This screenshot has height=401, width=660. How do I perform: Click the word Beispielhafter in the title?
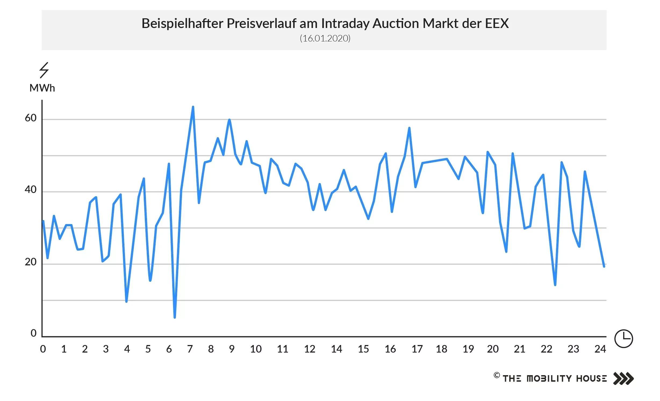coord(182,24)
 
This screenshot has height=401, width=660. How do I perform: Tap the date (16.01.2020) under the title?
coord(325,38)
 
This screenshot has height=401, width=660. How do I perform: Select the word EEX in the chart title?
coord(497,23)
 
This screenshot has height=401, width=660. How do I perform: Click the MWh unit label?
coord(42,88)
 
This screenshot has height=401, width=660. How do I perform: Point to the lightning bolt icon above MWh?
coord(44,70)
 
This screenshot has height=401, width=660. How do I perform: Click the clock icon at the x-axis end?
coord(623,338)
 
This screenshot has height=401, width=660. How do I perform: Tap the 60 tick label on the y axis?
coord(30,118)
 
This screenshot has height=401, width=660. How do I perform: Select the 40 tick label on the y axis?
coord(30,190)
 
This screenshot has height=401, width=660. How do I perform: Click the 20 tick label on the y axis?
coord(30,262)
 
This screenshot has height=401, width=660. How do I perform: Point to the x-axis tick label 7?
coord(190,349)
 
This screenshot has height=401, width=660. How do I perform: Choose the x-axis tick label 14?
coord(336,349)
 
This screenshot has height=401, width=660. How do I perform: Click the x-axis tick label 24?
coord(600,349)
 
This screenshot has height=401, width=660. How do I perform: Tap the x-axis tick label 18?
coord(441,349)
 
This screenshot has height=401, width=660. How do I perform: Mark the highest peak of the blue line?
coord(193,107)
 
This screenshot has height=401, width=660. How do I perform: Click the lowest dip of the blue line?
coord(175,317)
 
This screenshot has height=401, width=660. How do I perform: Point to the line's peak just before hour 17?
coord(409,128)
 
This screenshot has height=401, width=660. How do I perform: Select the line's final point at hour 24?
coord(604,266)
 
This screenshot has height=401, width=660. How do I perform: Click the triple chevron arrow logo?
coord(623,378)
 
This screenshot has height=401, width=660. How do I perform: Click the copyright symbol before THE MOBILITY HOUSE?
coord(497,375)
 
